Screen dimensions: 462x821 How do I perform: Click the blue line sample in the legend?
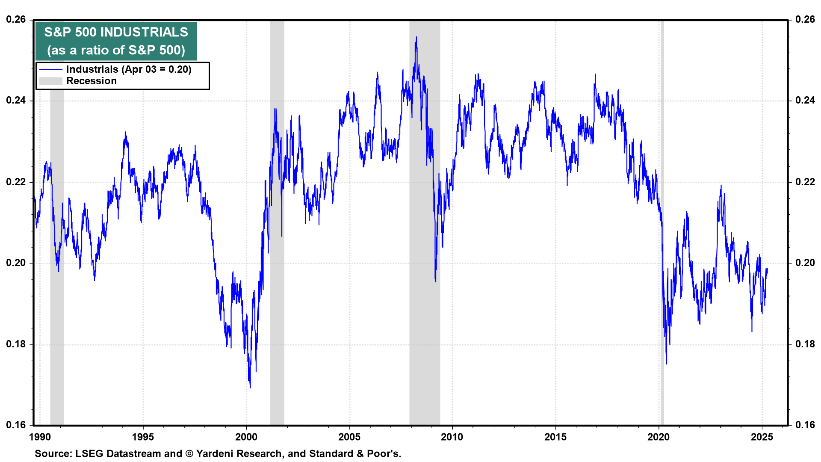click(x=51, y=69)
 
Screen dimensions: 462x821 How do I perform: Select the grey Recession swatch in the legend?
click(x=51, y=81)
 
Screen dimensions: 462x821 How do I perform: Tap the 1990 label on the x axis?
click(x=40, y=437)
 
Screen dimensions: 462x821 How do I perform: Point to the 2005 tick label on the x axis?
click(x=349, y=437)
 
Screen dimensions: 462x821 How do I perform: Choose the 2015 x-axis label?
click(x=555, y=437)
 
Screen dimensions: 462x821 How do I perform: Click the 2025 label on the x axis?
click(x=762, y=437)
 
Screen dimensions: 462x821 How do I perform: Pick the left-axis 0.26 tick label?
click(x=15, y=20)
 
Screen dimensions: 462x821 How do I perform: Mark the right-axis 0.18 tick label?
click(x=805, y=344)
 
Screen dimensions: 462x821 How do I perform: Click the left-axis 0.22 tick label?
click(x=15, y=182)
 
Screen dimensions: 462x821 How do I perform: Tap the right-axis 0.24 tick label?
click(x=805, y=101)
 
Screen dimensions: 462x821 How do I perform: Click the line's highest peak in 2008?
click(x=416, y=37)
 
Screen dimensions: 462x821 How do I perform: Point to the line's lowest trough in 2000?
click(x=250, y=387)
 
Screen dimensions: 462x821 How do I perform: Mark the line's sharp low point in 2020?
click(x=666, y=364)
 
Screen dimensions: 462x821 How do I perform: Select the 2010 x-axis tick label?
click(x=452, y=437)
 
